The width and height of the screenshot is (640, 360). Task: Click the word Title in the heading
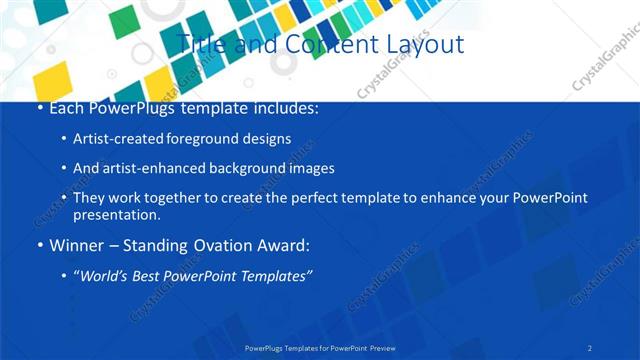tap(199, 44)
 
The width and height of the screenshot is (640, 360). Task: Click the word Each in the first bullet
tap(67, 108)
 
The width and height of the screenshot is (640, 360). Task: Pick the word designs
tap(267, 139)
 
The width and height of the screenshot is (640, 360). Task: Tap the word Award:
tap(287, 245)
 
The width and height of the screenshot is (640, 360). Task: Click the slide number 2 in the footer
tap(590, 348)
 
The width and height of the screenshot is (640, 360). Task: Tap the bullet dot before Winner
tap(40, 246)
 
